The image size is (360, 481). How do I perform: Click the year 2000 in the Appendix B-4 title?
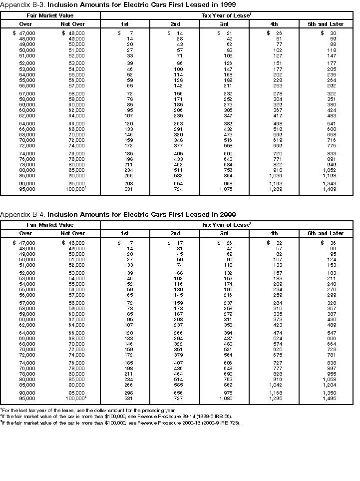(228, 214)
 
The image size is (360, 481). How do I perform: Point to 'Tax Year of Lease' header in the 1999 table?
(225, 15)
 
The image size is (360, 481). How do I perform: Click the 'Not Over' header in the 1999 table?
(73, 24)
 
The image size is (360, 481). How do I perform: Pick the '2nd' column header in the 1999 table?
(175, 24)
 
